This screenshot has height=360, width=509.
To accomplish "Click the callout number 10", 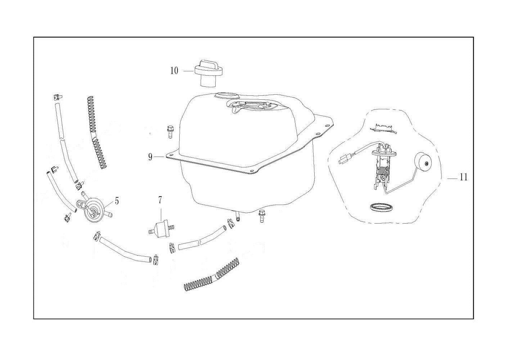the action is [x=174, y=71].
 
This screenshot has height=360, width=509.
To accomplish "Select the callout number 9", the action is [x=150, y=157].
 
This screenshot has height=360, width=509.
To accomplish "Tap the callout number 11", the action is [x=464, y=177].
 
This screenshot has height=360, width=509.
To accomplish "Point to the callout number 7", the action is [x=160, y=200].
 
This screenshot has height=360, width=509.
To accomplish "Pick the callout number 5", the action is [x=117, y=201].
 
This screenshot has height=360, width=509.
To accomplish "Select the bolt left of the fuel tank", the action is [x=170, y=131].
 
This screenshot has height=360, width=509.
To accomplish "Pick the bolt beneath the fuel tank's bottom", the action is [x=262, y=216].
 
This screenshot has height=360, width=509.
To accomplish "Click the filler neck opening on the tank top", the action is [x=226, y=96].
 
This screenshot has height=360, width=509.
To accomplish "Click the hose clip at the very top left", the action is [x=58, y=98].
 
